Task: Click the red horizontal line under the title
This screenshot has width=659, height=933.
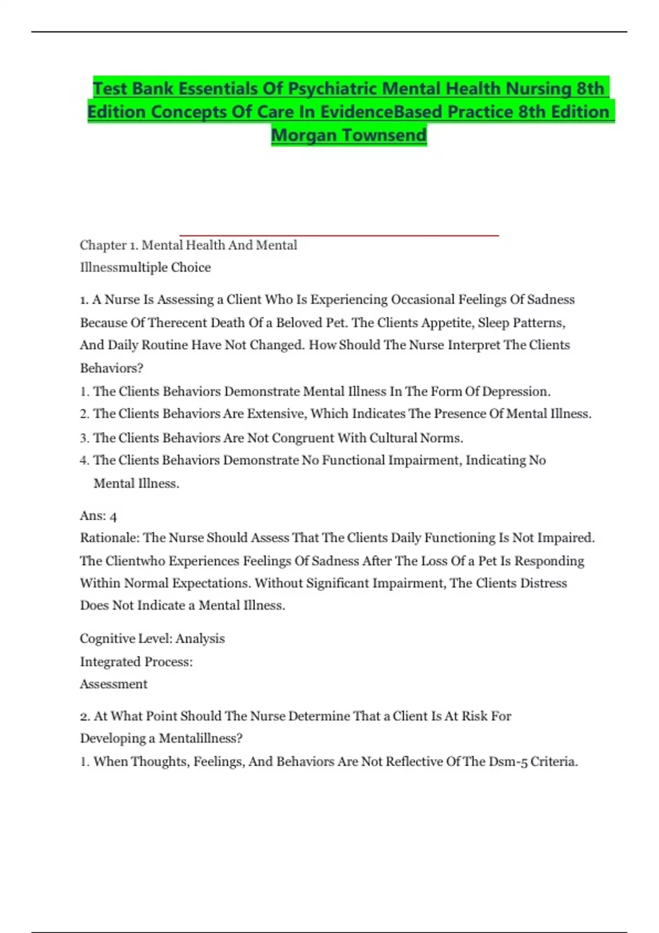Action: pos(339,235)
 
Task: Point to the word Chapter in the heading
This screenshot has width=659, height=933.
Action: pos(103,245)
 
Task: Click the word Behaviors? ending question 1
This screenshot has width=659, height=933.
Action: pos(111,368)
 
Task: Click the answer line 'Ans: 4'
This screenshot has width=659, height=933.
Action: pos(98,516)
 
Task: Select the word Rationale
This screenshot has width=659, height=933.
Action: pos(110,538)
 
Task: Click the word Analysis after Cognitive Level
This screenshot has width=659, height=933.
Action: pos(200,639)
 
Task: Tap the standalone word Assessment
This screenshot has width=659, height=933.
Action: pos(114,684)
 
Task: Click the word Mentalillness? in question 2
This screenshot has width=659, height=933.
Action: pos(200,739)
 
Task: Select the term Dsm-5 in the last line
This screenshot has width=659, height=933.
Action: pos(508,762)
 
